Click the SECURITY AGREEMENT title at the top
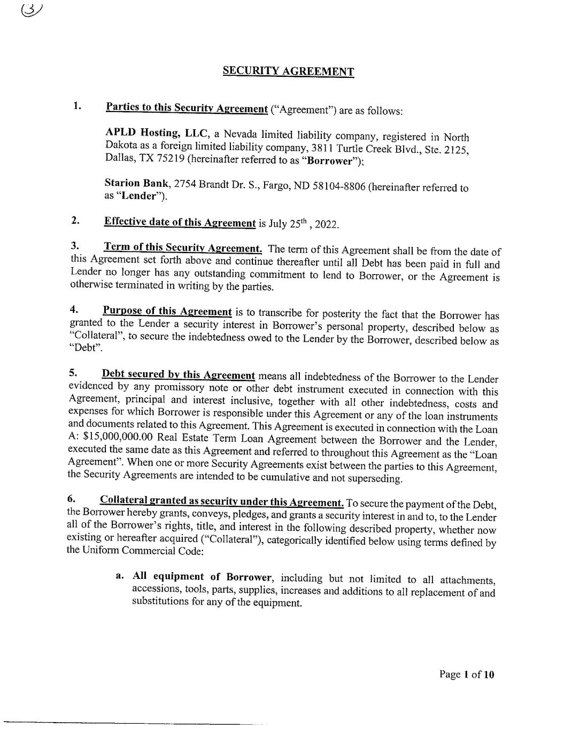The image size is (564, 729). [288, 72]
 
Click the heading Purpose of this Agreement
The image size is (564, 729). [167, 311]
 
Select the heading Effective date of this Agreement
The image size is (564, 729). [180, 222]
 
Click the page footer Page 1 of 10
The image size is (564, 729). [466, 675]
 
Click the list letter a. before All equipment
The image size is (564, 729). [121, 576]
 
